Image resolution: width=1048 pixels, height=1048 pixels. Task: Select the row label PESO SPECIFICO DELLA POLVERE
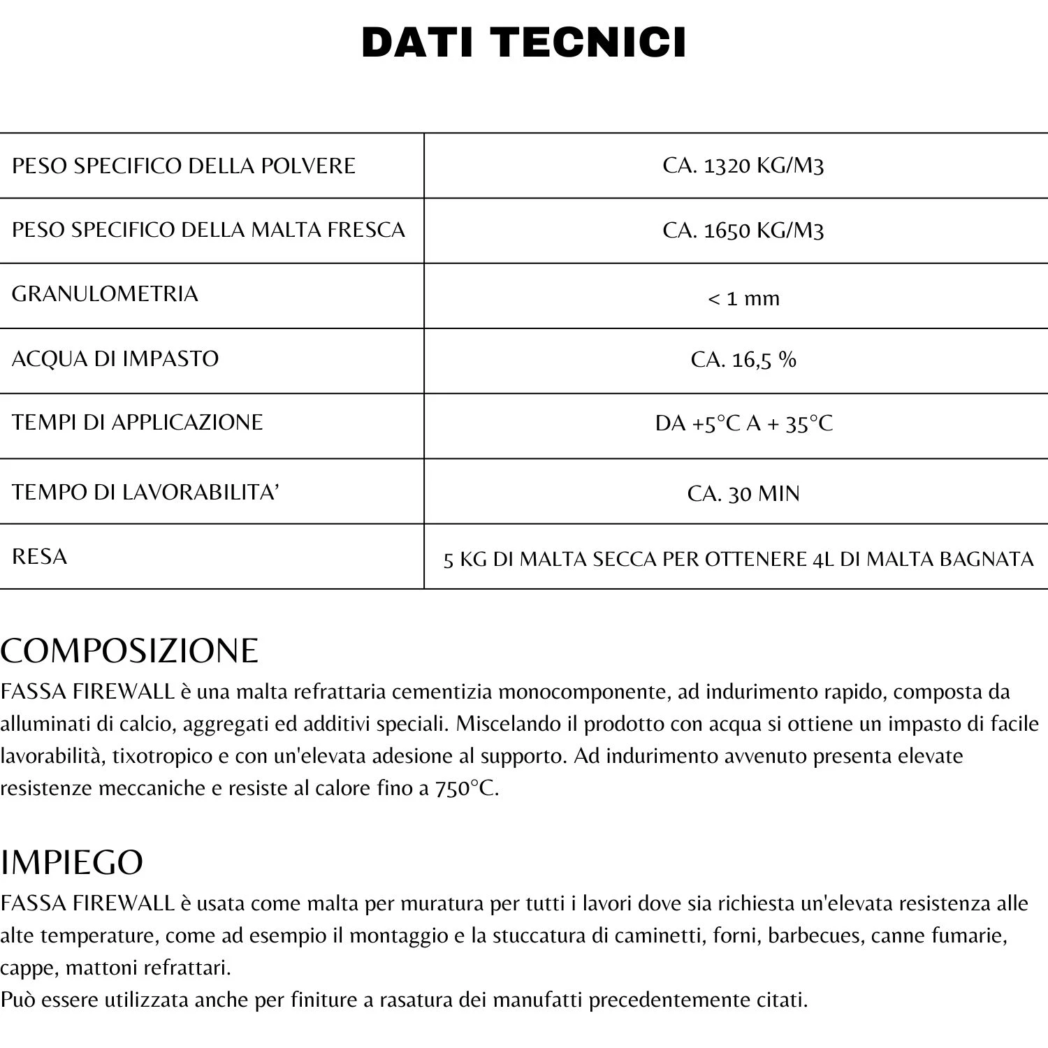(184, 166)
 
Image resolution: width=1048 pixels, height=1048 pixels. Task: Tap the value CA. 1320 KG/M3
(743, 166)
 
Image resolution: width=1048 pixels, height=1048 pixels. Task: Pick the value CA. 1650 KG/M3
(743, 230)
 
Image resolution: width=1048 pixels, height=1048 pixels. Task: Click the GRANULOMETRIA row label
(105, 293)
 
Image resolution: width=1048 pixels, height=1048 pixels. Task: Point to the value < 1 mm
(743, 299)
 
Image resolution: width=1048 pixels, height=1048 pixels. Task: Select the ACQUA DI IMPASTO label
(115, 358)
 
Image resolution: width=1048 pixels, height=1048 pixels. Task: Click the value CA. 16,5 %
(743, 359)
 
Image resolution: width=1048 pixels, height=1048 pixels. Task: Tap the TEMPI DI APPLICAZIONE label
(138, 422)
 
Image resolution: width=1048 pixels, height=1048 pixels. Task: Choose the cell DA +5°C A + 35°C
(743, 423)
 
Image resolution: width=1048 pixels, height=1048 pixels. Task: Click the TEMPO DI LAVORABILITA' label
(145, 492)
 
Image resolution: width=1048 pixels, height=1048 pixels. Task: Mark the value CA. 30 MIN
(743, 494)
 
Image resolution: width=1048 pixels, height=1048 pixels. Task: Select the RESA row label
(40, 556)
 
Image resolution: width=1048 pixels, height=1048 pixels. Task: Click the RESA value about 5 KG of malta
(738, 559)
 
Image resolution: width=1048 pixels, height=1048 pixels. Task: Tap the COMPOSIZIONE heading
(129, 650)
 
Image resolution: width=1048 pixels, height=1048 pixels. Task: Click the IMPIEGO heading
(72, 862)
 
